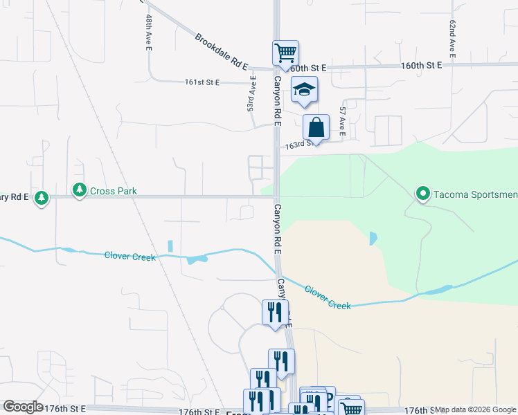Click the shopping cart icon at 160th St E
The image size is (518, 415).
pyautogui.click(x=285, y=53)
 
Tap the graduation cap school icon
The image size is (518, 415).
pyautogui.click(x=304, y=91)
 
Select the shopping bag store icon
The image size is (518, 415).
pyautogui.click(x=316, y=128)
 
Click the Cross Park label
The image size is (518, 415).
pyautogui.click(x=114, y=191)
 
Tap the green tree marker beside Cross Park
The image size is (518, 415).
pyautogui.click(x=80, y=190)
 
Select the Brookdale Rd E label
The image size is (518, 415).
pyautogui.click(x=221, y=50)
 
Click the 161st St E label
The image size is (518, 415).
pyautogui.click(x=202, y=82)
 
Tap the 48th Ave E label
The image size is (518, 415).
pyautogui.click(x=149, y=32)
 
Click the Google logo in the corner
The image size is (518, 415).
pyautogui.click(x=23, y=407)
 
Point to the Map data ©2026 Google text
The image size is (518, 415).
pyautogui.click(x=475, y=409)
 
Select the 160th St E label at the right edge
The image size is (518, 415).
pyautogui.click(x=422, y=65)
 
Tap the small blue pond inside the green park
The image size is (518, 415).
pyautogui.click(x=374, y=239)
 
